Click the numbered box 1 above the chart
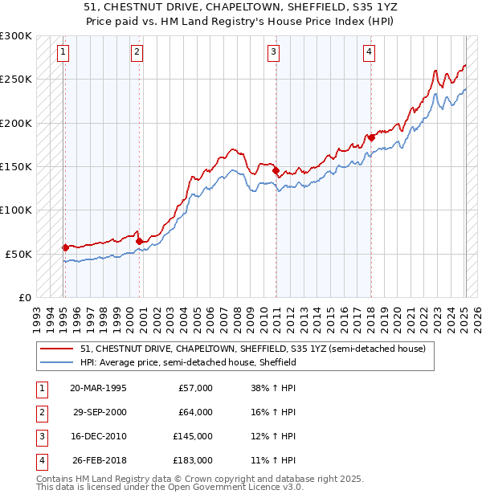(63, 53)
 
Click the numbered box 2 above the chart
(137, 53)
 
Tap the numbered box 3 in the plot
(273, 53)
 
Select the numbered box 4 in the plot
(369, 53)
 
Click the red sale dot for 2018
(371, 137)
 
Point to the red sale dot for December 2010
(276, 170)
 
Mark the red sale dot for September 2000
(139, 241)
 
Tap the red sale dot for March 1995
(65, 247)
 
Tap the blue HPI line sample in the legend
(57, 362)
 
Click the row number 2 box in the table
(41, 412)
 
